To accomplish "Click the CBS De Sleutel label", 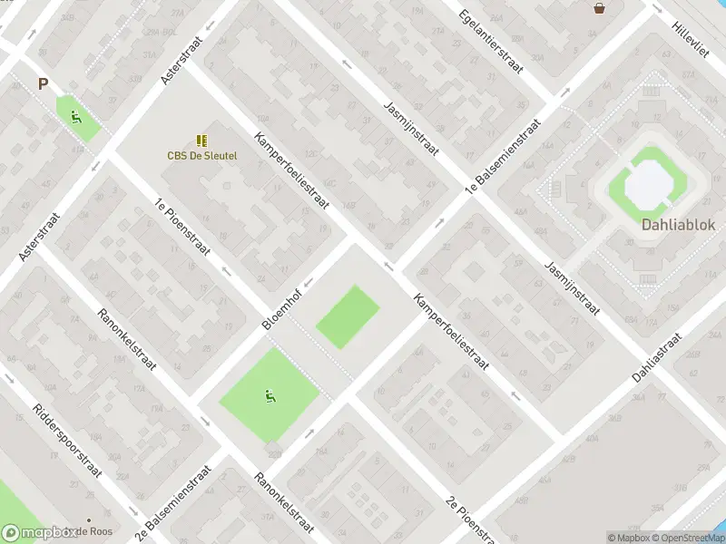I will [201, 155].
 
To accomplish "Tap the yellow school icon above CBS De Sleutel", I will [201, 141].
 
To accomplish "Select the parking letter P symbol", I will [42, 84].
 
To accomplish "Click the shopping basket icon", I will [600, 8].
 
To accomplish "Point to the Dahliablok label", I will [679, 225].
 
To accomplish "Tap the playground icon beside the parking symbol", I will [76, 116].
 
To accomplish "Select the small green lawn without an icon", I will [348, 316].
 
